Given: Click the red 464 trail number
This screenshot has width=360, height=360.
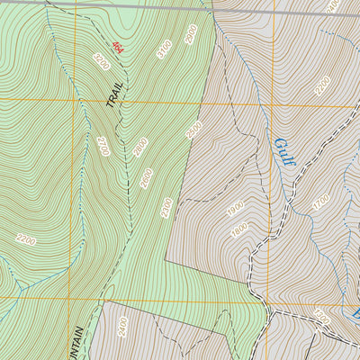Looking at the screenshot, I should click(117, 44).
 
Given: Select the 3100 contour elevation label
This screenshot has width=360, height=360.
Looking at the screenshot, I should click(162, 49).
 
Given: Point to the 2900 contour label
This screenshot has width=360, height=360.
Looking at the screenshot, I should click(190, 35).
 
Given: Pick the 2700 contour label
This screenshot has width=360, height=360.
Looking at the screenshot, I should click(102, 146).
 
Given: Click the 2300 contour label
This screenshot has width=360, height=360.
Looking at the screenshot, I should click(166, 208).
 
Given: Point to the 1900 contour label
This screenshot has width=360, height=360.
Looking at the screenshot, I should click(236, 208).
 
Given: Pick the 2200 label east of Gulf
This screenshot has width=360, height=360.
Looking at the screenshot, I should click(322, 86).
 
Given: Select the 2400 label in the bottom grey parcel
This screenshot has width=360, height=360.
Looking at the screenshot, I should click(122, 327).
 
